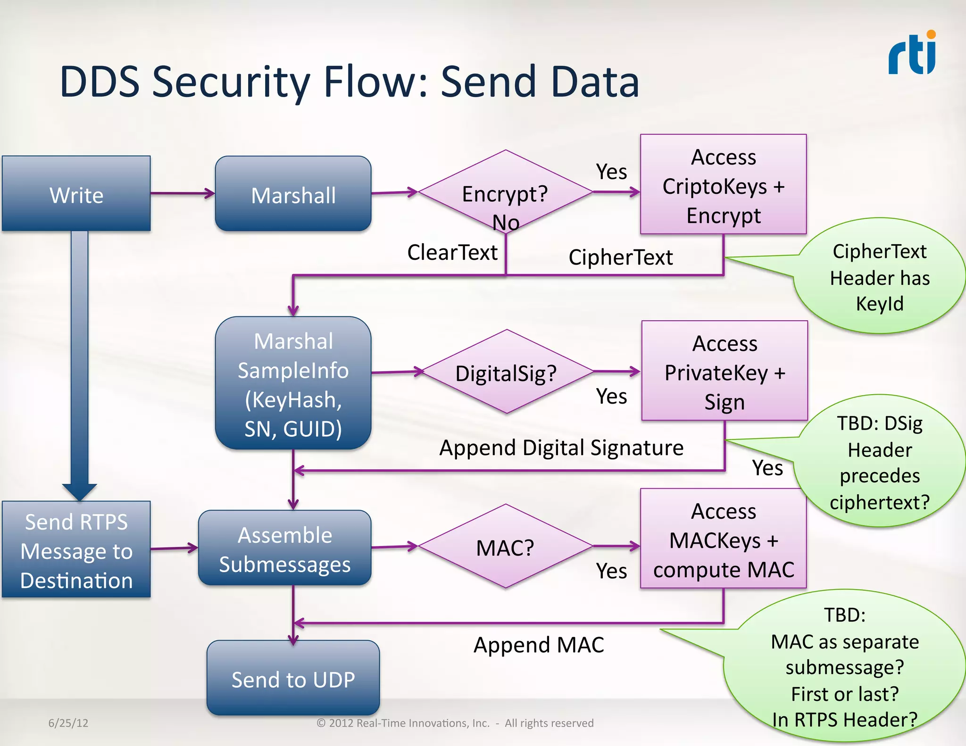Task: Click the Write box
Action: coord(76,194)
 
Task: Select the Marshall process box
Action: coord(293,194)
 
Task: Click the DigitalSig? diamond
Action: coord(506,372)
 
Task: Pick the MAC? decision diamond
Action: coord(505,547)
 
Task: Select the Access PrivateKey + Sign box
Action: coord(724,371)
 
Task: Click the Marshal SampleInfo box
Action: coord(293,383)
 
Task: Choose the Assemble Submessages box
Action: coord(284,548)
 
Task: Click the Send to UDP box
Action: coord(293,679)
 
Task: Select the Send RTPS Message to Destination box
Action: coord(76,550)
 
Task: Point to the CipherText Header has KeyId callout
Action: coord(879,277)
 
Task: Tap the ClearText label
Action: coord(452,252)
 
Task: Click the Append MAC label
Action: coord(539,645)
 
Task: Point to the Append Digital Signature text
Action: coord(561,448)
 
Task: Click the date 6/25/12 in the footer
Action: coord(68,723)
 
